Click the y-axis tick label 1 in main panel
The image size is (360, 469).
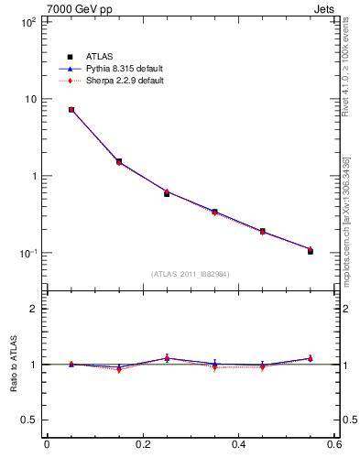tap(32, 176)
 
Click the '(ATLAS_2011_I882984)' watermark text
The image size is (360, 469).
tap(191, 274)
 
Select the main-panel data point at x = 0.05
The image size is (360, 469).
tap(71, 109)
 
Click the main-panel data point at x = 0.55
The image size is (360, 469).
tap(311, 250)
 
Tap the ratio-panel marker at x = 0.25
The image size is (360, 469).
tap(167, 358)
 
